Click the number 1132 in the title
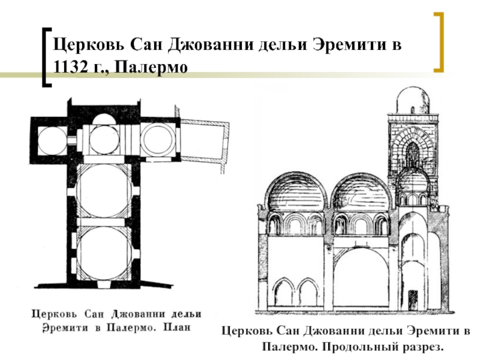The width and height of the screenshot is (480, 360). pos(71,66)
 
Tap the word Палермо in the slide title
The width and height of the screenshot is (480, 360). pos(151,67)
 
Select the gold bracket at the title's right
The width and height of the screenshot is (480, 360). pos(439,42)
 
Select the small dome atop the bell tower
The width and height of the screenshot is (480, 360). pos(412,100)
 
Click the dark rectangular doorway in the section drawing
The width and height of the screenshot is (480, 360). pos(413,300)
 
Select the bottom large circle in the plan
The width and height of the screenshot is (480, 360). pos(104,253)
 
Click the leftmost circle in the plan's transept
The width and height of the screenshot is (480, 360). pos(52,141)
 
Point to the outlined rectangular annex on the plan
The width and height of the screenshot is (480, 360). pos(205,140)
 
